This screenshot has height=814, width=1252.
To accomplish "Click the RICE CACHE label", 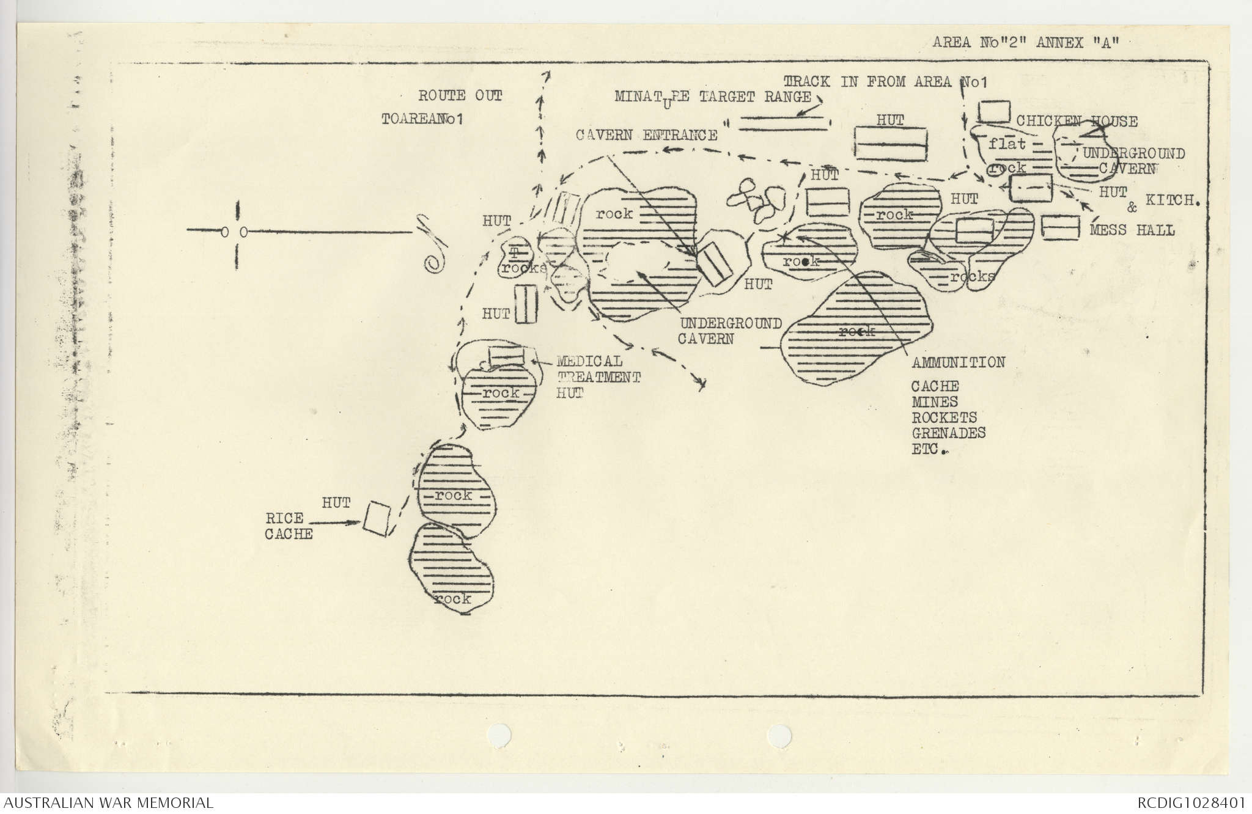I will pyautogui.click(x=289, y=526).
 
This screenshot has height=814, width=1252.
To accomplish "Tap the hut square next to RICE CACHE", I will pyautogui.click(x=377, y=519).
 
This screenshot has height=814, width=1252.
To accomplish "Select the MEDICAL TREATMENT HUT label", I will pyautogui.click(x=597, y=377).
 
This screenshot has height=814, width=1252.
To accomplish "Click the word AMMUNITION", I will pyautogui.click(x=959, y=362).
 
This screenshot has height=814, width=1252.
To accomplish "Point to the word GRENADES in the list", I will pyautogui.click(x=949, y=433).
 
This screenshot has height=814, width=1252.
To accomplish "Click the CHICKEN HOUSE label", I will pyautogui.click(x=1077, y=122).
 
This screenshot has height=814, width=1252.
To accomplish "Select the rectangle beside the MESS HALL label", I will pyautogui.click(x=1059, y=227).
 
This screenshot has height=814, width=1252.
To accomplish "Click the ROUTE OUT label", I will pyautogui.click(x=460, y=95).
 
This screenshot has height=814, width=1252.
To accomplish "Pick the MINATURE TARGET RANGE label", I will pyautogui.click(x=713, y=97).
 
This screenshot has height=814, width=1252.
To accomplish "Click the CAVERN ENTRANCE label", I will pyautogui.click(x=647, y=135).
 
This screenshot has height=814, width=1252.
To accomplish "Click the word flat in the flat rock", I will pyautogui.click(x=1007, y=144).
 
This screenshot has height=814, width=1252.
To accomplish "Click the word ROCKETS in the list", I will pyautogui.click(x=944, y=418).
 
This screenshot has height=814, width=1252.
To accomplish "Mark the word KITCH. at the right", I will pyautogui.click(x=1170, y=200).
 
